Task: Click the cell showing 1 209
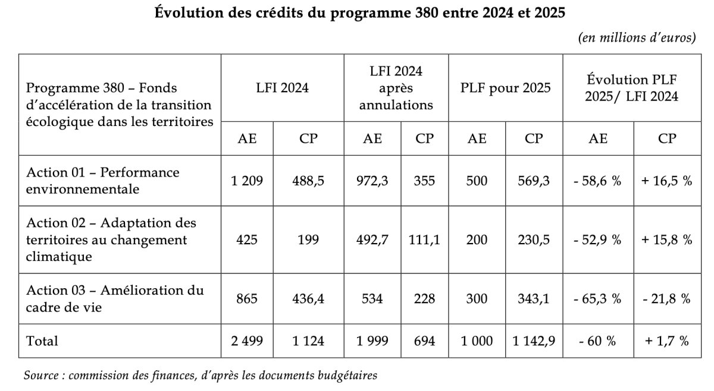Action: pyautogui.click(x=247, y=181)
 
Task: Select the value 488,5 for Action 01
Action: pyautogui.click(x=308, y=181)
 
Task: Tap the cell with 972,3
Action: pyautogui.click(x=372, y=181)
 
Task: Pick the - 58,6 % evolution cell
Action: pyautogui.click(x=597, y=181)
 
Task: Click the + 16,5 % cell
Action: pyautogui.click(x=667, y=181)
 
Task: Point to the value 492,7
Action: pyautogui.click(x=372, y=239)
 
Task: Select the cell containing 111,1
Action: pyautogui.click(x=424, y=239)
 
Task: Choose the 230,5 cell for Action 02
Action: pyautogui.click(x=534, y=239)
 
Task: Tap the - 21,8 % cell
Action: pyautogui.click(x=667, y=299)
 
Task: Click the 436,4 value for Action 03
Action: pyautogui.click(x=308, y=299)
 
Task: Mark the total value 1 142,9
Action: pyautogui.click(x=534, y=341)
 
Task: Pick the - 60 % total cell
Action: pyautogui.click(x=597, y=341)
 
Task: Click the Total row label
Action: pyautogui.click(x=42, y=341)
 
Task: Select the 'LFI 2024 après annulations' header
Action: pyautogui.click(x=396, y=88)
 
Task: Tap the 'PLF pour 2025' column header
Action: pyautogui.click(x=506, y=88)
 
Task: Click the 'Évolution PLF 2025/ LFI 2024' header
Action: pyautogui.click(x=631, y=88)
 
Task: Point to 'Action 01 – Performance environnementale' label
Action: pyautogui.click(x=102, y=181)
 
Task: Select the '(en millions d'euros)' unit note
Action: pyautogui.click(x=637, y=37)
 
